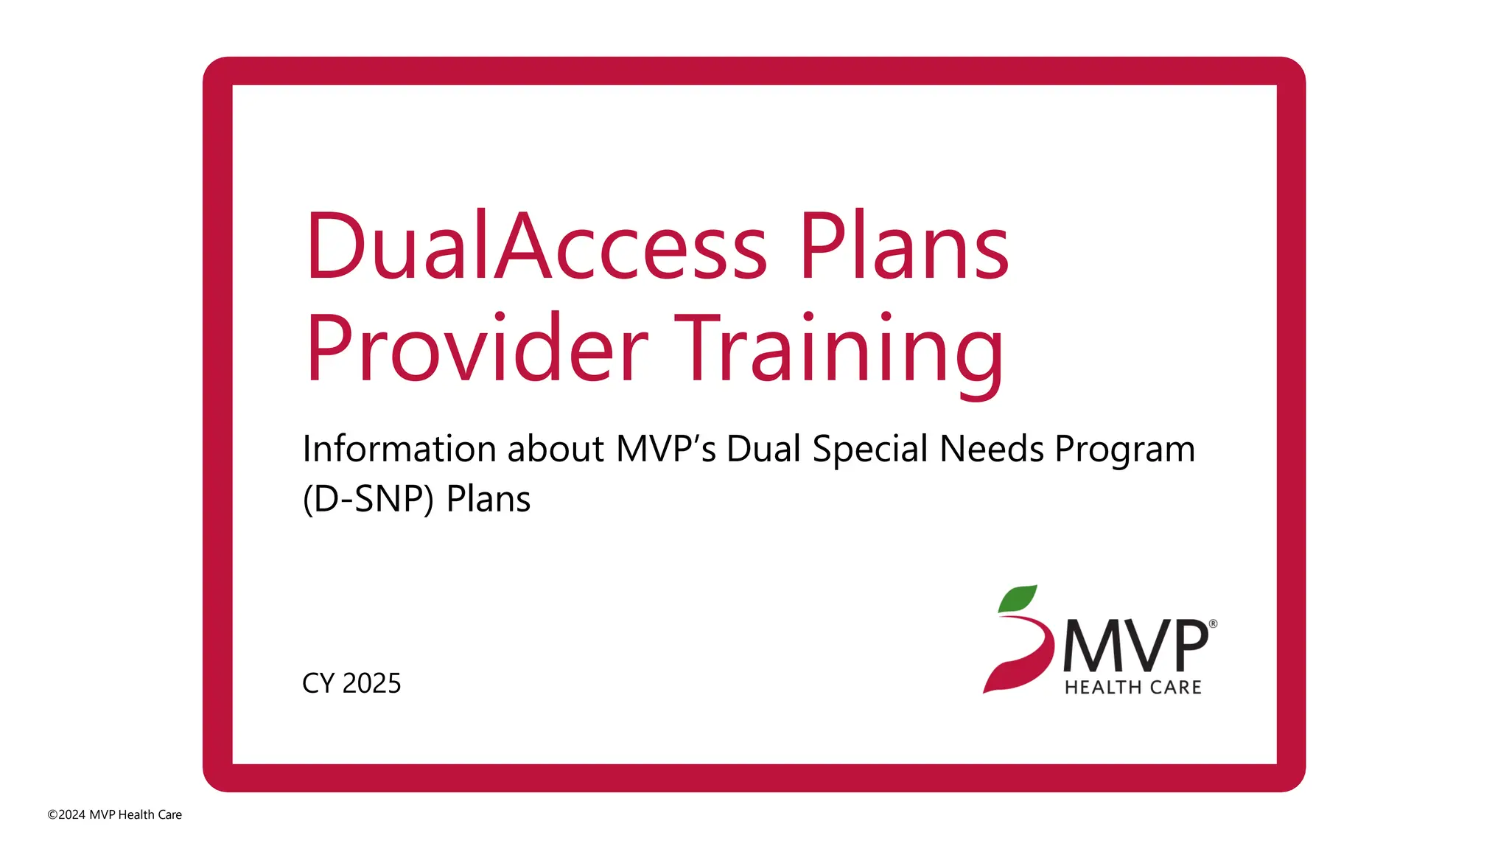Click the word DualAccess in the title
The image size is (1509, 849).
pyautogui.click(x=536, y=247)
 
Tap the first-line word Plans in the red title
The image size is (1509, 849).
pyautogui.click(x=904, y=247)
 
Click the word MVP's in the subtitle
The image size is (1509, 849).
pyautogui.click(x=665, y=449)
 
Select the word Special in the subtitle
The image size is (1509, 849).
pyautogui.click(x=870, y=450)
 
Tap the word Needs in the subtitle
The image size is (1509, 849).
pyautogui.click(x=992, y=449)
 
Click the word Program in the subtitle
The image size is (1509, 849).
pyautogui.click(x=1124, y=450)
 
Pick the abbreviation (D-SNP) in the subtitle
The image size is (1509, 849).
pyautogui.click(x=368, y=500)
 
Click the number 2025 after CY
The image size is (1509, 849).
pyautogui.click(x=372, y=683)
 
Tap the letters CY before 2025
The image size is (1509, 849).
pyautogui.click(x=318, y=683)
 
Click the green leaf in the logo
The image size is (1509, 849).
pyautogui.click(x=1018, y=598)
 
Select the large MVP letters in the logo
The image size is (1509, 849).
pyautogui.click(x=1135, y=646)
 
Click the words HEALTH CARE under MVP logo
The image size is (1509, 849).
pyautogui.click(x=1133, y=688)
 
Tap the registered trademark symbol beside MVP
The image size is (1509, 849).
pyautogui.click(x=1213, y=624)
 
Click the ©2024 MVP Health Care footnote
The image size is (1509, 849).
pyautogui.click(x=114, y=814)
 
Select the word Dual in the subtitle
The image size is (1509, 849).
pyautogui.click(x=763, y=449)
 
